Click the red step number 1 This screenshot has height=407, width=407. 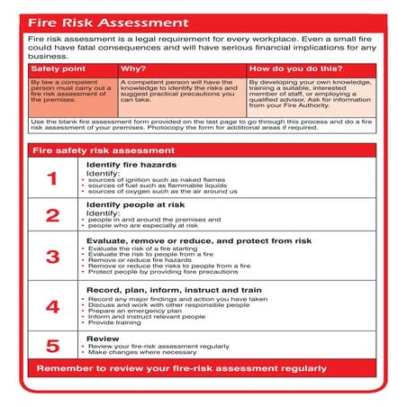click(x=52, y=178)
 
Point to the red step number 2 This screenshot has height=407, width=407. click(x=52, y=216)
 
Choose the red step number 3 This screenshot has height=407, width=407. click(x=52, y=257)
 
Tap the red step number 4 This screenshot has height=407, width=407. click(x=52, y=306)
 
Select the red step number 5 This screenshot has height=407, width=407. click(x=52, y=345)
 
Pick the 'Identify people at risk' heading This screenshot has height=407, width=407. click(x=136, y=204)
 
